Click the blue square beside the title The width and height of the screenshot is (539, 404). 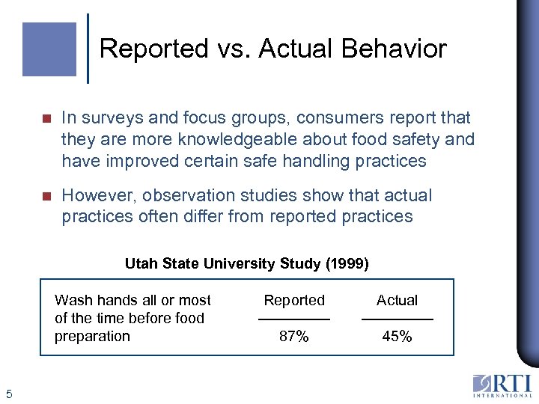[49, 49]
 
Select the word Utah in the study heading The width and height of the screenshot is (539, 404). [138, 263]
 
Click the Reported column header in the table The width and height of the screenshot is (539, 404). [294, 300]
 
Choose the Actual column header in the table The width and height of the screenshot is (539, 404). [397, 300]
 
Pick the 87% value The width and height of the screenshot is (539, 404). [294, 337]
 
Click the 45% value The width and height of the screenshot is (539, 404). [397, 337]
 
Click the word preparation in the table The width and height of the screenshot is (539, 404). [92, 337]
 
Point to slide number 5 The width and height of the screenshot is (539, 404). [8, 394]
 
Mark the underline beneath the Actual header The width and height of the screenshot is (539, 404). [397, 319]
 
